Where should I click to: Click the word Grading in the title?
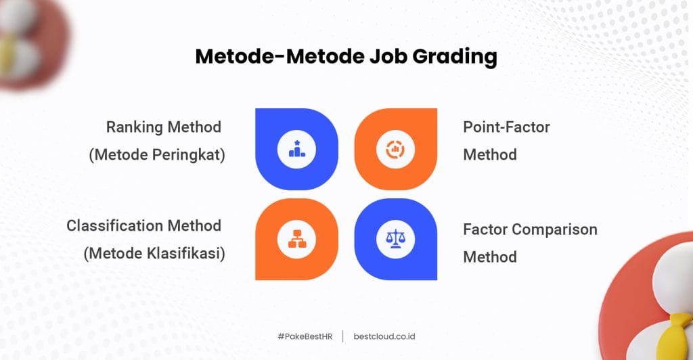pos(454,57)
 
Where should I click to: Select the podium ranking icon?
pos(296,150)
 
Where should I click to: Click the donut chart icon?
pos(395,150)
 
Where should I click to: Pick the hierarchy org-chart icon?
pos(296,239)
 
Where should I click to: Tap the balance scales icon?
pos(395,239)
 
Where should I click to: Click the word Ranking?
pos(135,128)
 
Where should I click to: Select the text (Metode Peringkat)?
pos(157,155)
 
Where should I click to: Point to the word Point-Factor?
pos(506,127)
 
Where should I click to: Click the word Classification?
pos(115,226)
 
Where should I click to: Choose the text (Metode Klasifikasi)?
pos(154,254)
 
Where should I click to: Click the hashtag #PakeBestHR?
pos(305,336)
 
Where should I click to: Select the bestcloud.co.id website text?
pos(384,336)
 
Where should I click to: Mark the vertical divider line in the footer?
pos(343,336)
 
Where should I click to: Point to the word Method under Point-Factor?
pos(490,155)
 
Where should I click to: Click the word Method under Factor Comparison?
pos(490,257)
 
